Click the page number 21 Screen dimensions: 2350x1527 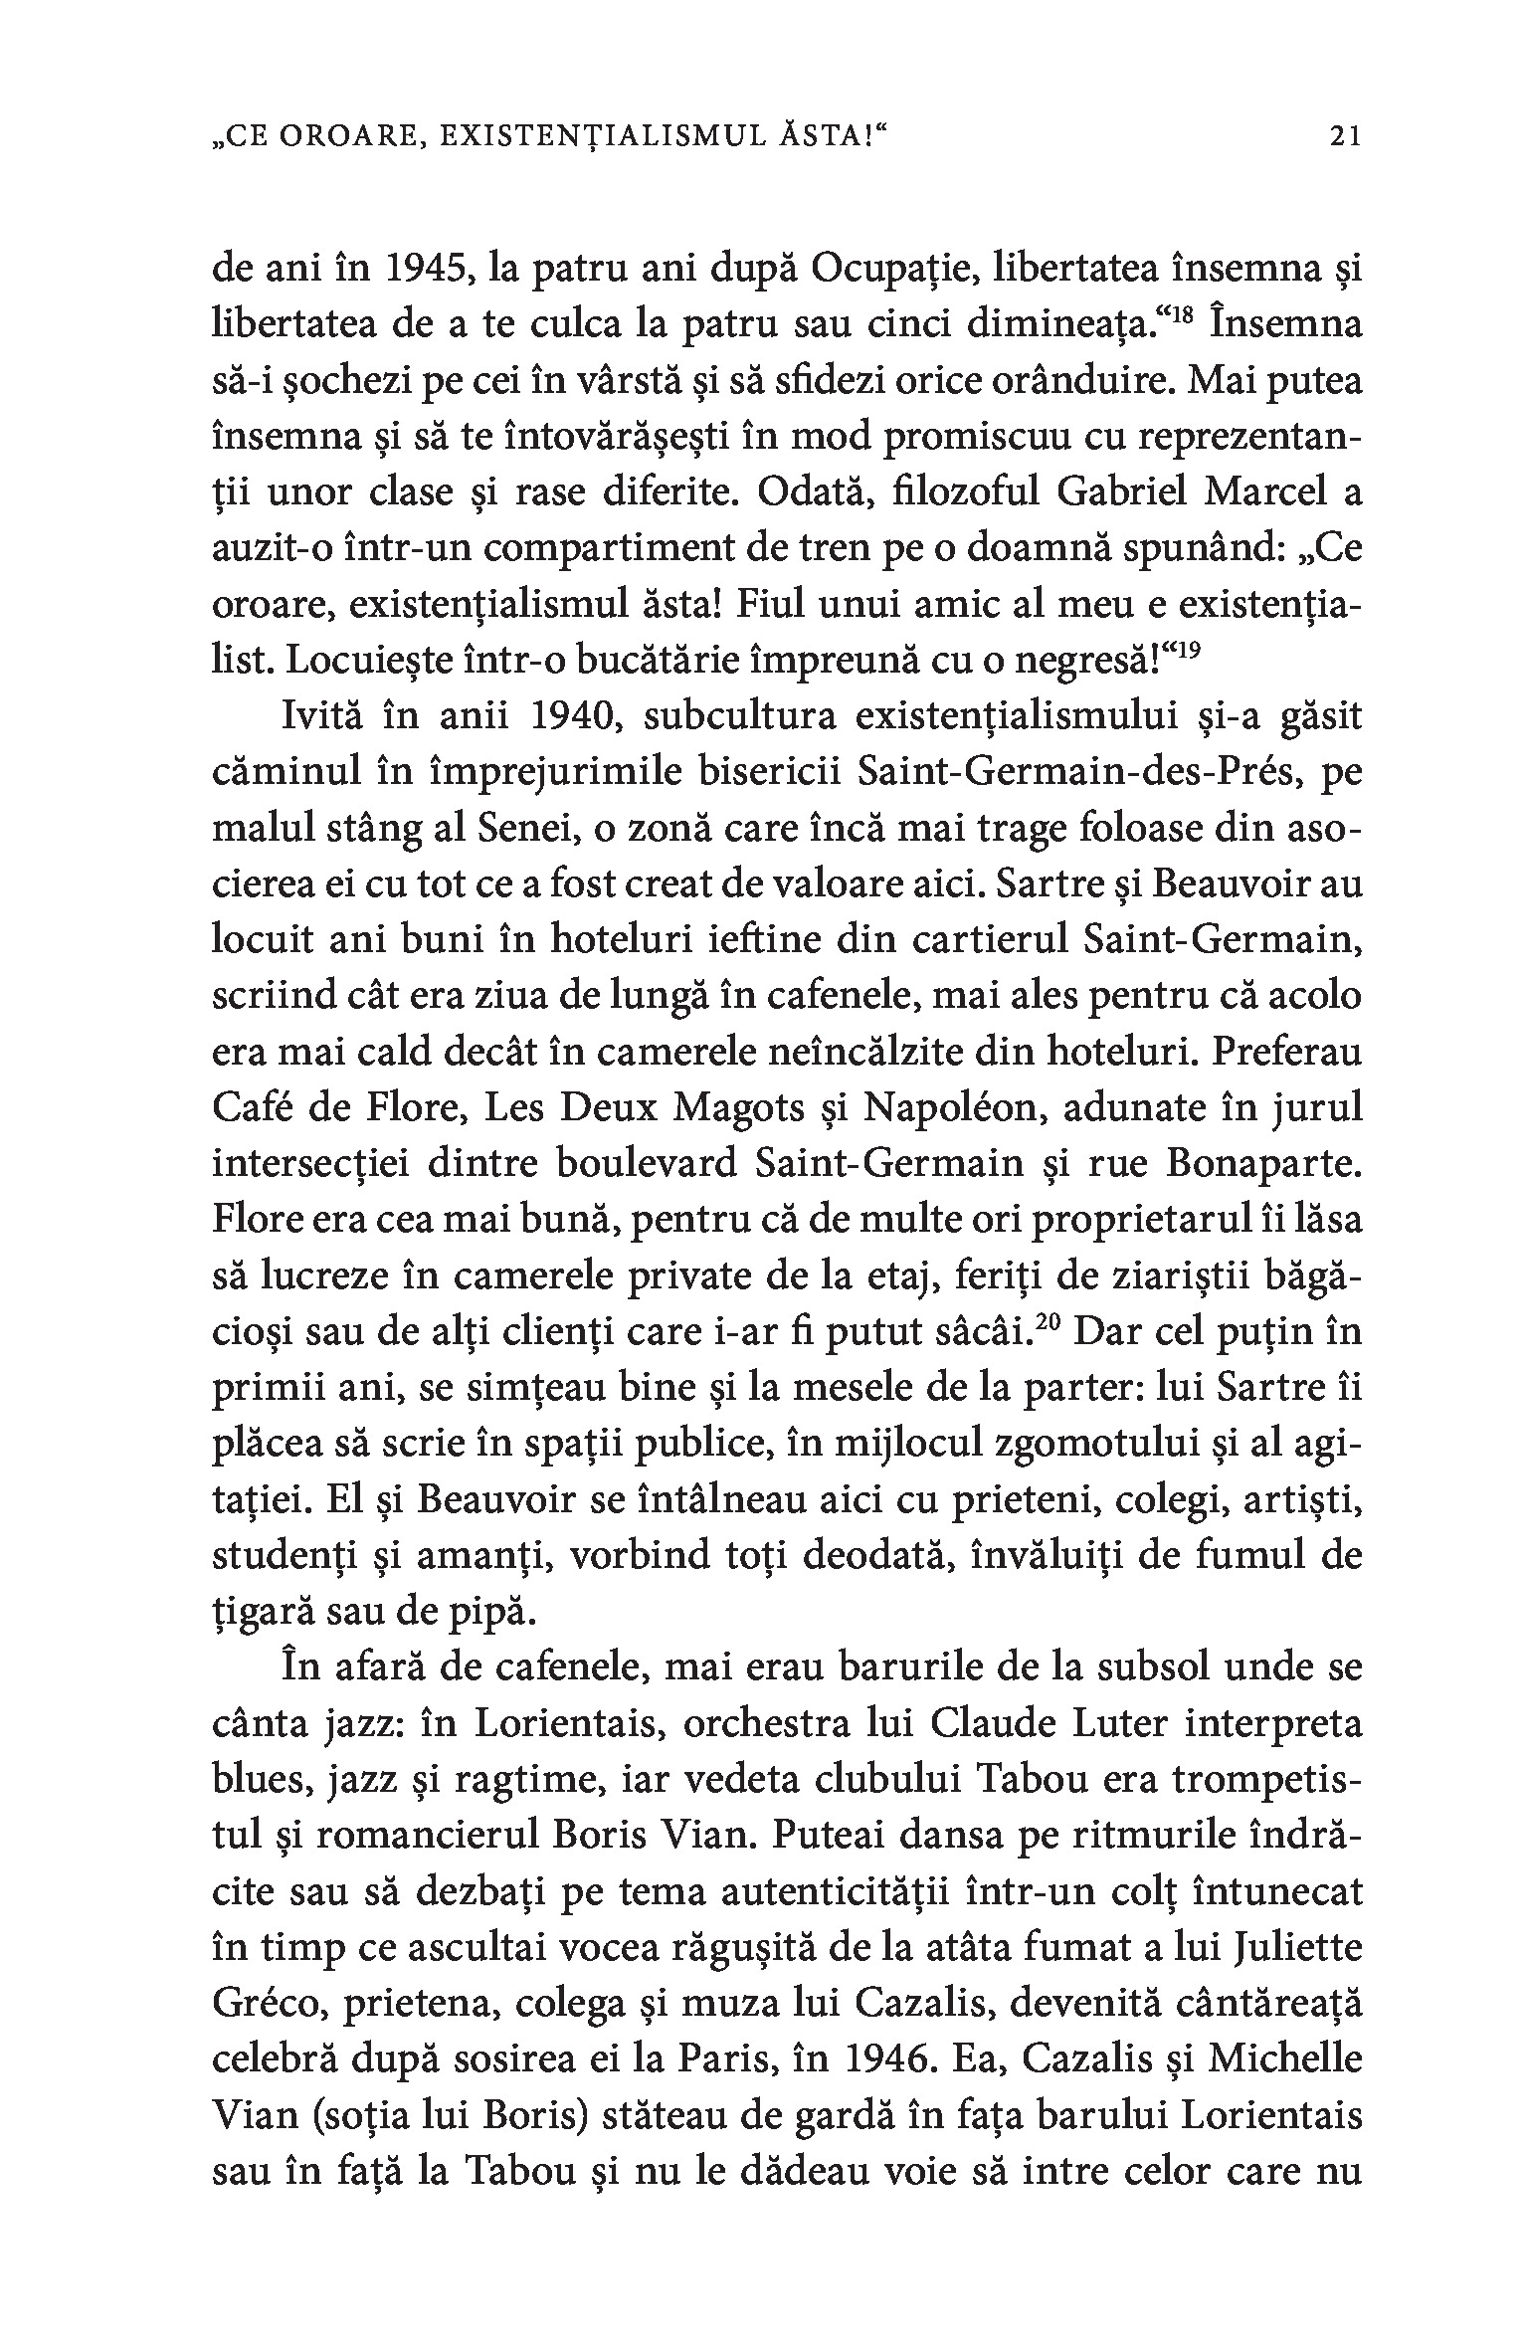pos(1343,136)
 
